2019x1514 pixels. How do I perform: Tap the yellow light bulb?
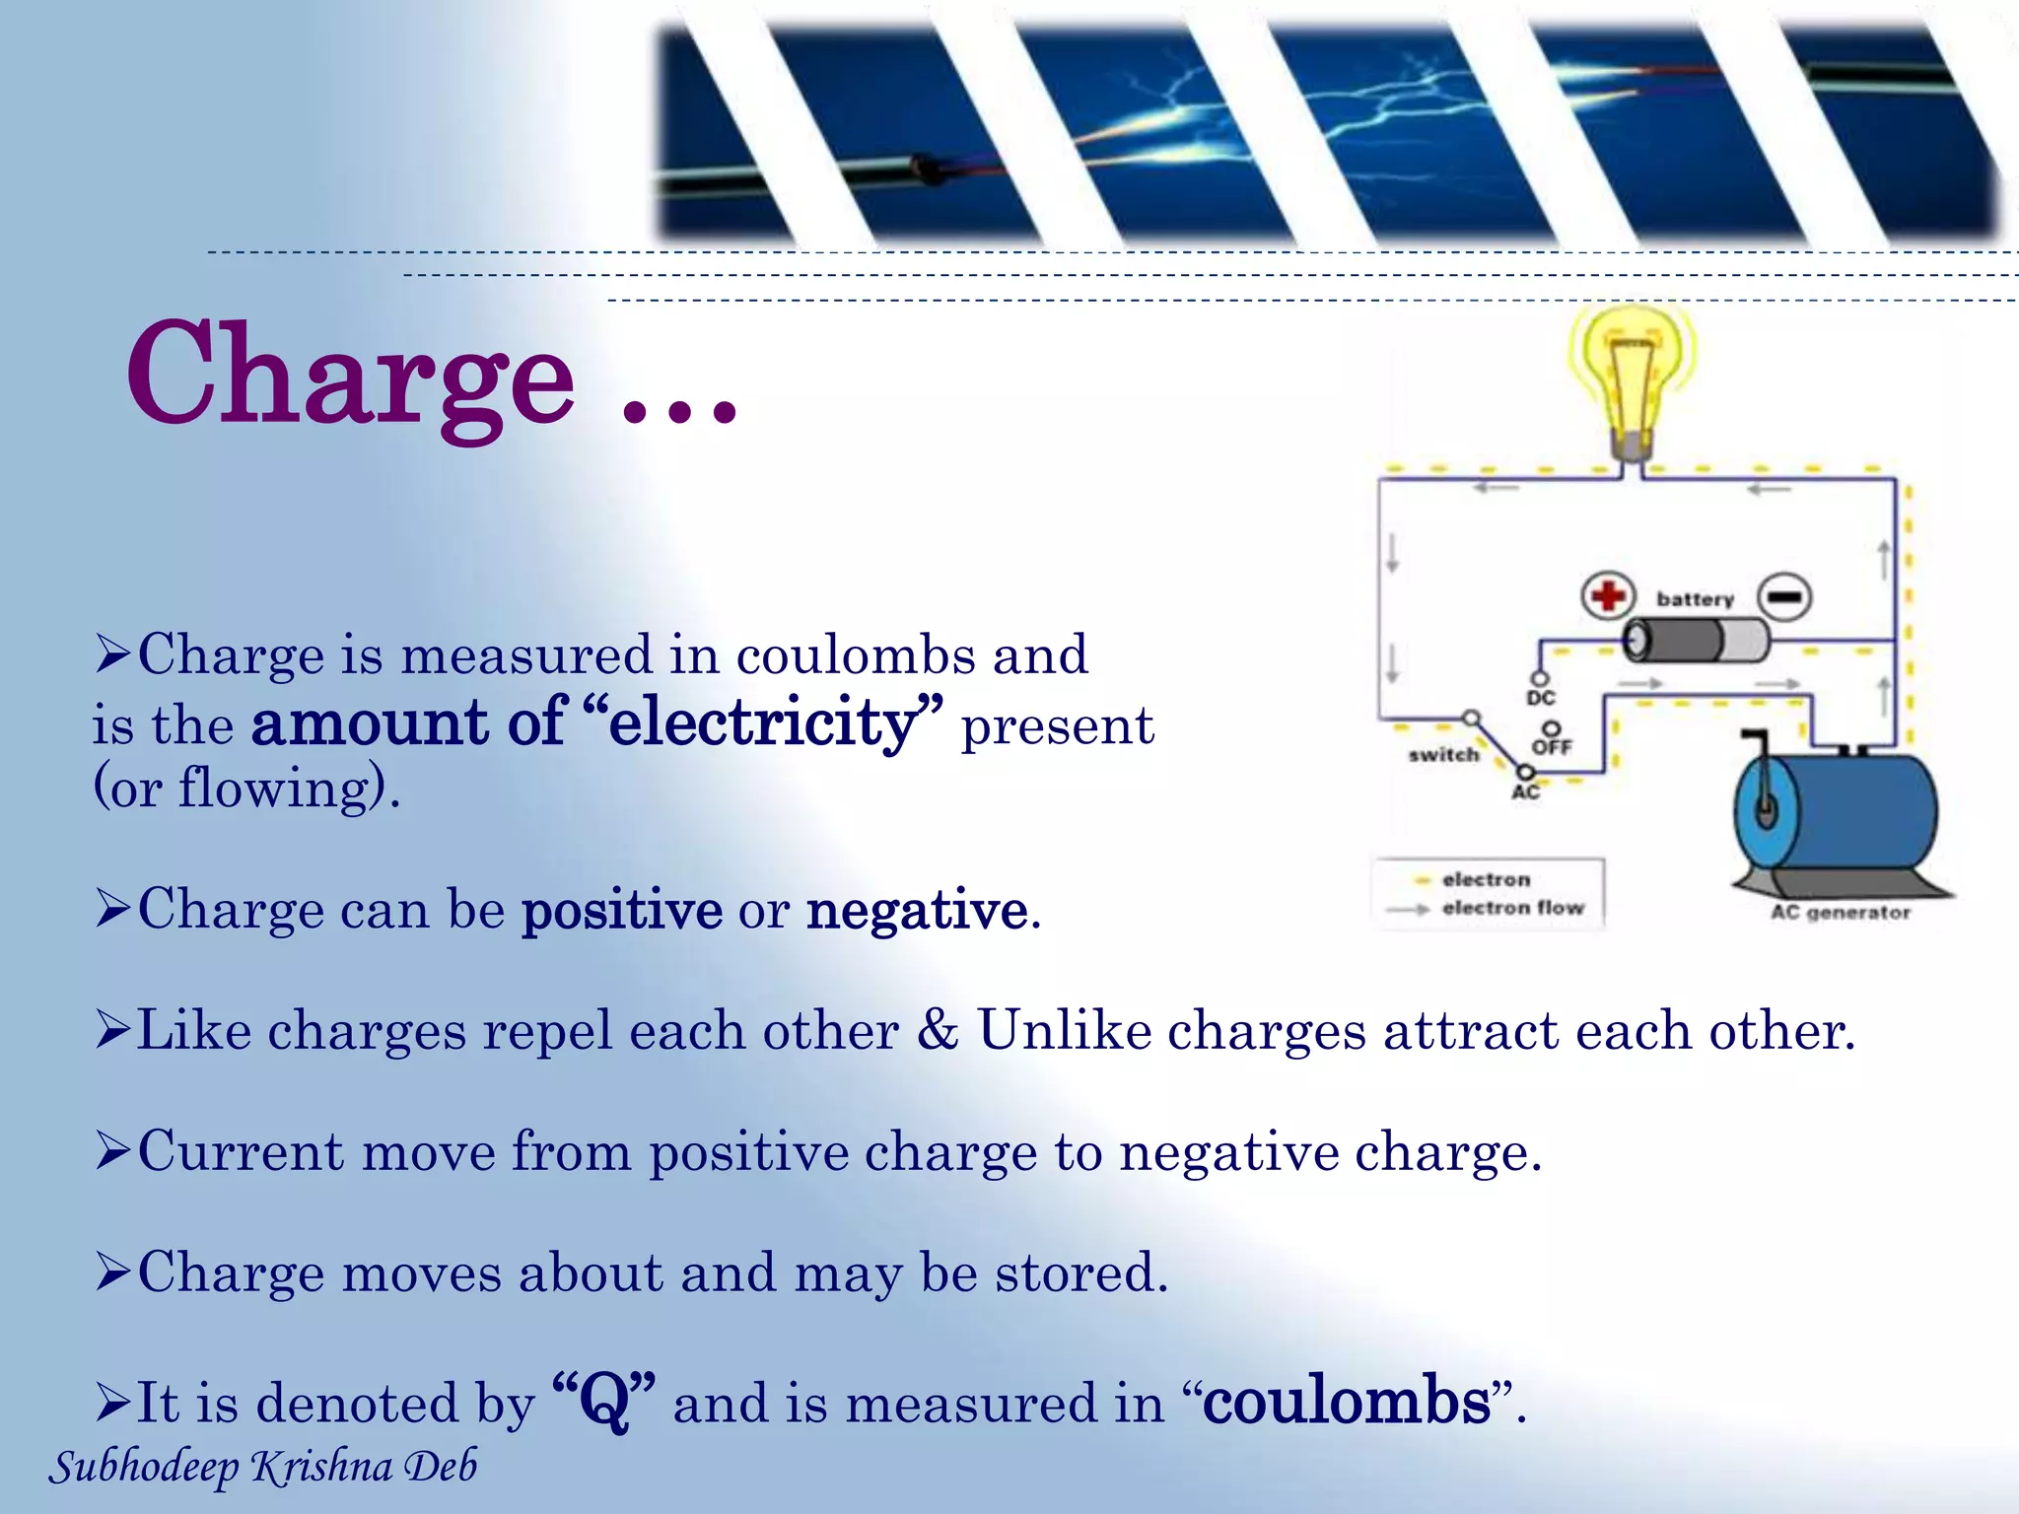[1632, 375]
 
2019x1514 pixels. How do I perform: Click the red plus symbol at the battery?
[1608, 595]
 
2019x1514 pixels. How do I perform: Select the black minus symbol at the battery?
[1784, 596]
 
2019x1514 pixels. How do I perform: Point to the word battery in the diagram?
[1695, 599]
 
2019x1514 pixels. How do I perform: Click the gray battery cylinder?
[1696, 641]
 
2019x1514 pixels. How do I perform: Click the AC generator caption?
[1840, 913]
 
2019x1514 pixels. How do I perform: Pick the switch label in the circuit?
[1444, 755]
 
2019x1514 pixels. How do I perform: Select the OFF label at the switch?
[1552, 747]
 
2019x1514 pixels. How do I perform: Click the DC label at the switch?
[1541, 698]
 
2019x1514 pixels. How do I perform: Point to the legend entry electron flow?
[1512, 908]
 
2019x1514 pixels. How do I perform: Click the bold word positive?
[622, 910]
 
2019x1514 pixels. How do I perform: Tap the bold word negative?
[917, 910]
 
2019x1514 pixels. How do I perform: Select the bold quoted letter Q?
[604, 1401]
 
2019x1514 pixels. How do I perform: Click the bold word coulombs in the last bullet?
[1347, 1401]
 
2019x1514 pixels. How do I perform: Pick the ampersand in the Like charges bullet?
[938, 1029]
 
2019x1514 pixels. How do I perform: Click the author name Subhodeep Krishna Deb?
[263, 1467]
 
